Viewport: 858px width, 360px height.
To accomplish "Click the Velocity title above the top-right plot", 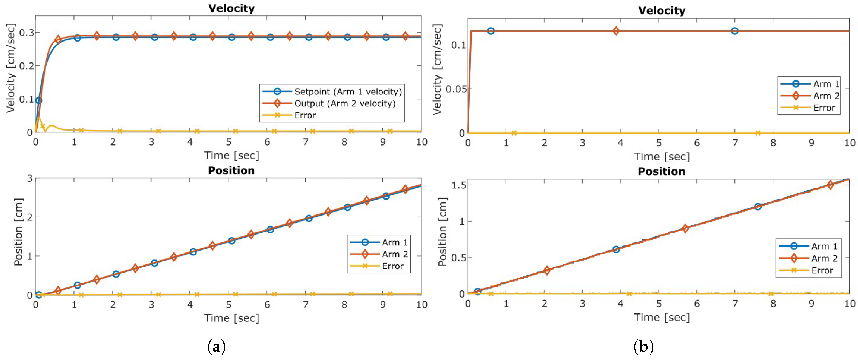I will [661, 11].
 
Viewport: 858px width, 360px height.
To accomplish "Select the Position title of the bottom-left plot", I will [231, 171].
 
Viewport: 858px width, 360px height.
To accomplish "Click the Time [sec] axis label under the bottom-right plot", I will [661, 317].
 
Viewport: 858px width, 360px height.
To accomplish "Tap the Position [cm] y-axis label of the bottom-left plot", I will [18, 232].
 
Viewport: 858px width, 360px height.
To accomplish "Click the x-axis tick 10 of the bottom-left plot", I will [422, 304].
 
